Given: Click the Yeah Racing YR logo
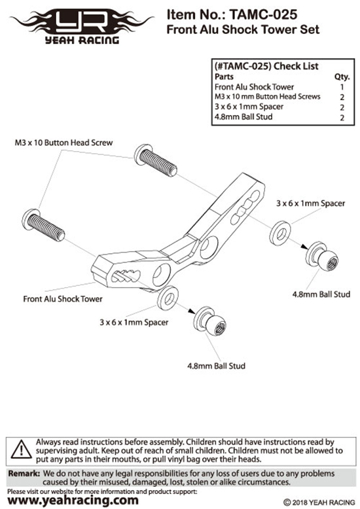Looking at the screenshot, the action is click(x=82, y=27).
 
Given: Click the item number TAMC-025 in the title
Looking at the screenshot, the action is click(x=263, y=14).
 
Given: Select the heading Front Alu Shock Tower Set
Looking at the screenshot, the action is click(x=243, y=29).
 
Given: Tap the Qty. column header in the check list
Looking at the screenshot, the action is click(x=342, y=77).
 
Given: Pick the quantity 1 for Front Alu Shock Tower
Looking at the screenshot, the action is click(x=342, y=87).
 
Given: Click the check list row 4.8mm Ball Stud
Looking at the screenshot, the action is click(x=243, y=117).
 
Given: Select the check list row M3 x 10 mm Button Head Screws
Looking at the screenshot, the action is click(x=268, y=97).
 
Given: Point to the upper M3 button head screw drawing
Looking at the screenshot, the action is click(x=156, y=160).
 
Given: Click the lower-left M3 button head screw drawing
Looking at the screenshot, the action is click(x=44, y=225).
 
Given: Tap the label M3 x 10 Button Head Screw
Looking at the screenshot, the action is click(x=63, y=143).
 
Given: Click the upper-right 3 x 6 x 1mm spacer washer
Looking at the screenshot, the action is click(x=280, y=234).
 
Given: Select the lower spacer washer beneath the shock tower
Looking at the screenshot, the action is click(x=168, y=298).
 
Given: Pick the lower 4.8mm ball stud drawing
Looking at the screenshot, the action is click(x=209, y=321).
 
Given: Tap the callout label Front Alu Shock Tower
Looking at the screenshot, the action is click(x=63, y=299).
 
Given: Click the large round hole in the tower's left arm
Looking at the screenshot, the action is click(x=162, y=275).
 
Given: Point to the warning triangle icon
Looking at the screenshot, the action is click(x=21, y=449).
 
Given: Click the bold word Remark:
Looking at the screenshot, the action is click(x=24, y=474).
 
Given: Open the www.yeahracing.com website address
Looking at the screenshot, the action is click(x=73, y=500).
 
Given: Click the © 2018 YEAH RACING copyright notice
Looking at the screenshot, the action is click(x=319, y=502).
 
